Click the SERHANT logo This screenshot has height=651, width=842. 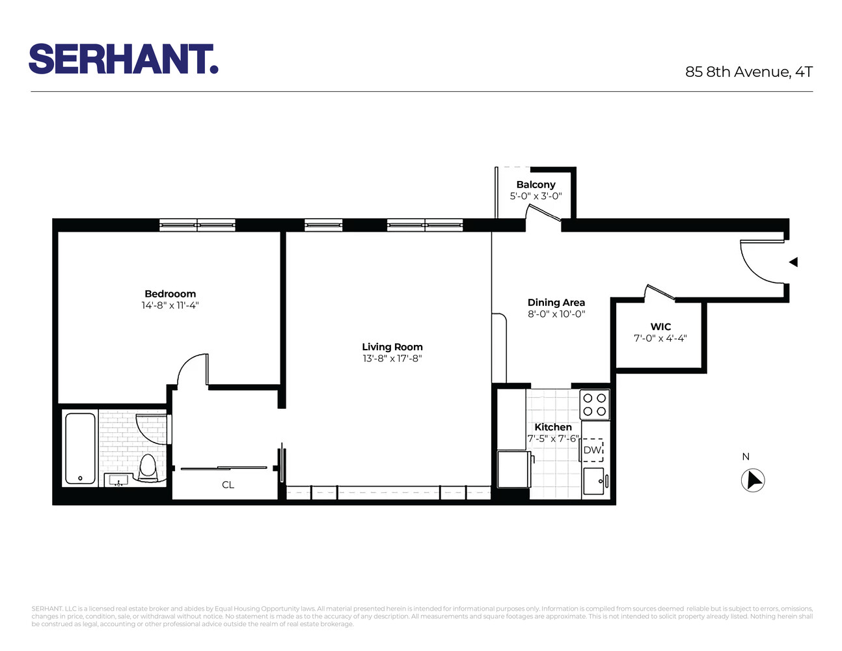(x=124, y=59)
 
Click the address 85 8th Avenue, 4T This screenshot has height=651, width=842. (x=748, y=72)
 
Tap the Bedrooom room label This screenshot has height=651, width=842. (x=170, y=294)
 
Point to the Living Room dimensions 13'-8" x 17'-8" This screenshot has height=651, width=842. (x=392, y=359)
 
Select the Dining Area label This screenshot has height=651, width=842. (x=556, y=302)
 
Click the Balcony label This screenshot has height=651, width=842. (x=536, y=185)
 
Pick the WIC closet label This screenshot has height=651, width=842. (x=660, y=327)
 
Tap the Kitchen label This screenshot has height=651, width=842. (x=553, y=427)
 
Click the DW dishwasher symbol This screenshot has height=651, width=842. (x=592, y=450)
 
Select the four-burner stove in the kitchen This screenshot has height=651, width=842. (x=594, y=404)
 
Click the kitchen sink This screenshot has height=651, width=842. (x=594, y=481)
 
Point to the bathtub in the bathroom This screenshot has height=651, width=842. (x=80, y=449)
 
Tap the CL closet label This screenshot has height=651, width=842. (x=228, y=485)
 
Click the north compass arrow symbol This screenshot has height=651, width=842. (x=753, y=481)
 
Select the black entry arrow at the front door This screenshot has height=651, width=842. (x=793, y=262)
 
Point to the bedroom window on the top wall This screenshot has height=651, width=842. (x=197, y=225)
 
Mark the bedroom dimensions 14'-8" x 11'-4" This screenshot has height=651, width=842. (x=170, y=305)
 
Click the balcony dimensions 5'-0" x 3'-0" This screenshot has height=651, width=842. (x=536, y=196)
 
